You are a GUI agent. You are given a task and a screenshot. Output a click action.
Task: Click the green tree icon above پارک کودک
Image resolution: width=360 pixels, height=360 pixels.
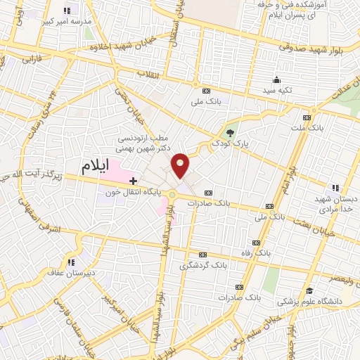[x=230, y=133]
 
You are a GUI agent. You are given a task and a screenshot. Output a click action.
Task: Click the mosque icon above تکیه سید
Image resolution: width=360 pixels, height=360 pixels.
[x=276, y=79]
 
